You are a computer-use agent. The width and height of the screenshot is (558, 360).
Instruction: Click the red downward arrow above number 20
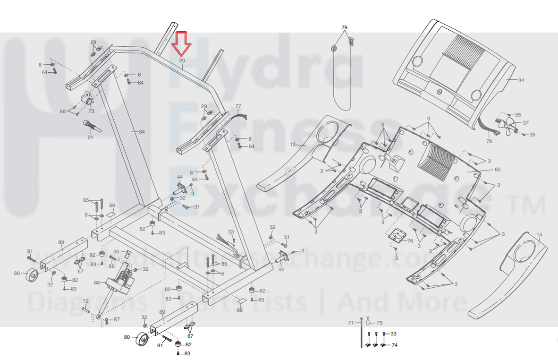coord(181,44)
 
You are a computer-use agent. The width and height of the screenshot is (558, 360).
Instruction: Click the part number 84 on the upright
coord(142,132)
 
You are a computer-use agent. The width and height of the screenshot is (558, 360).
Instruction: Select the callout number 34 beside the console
coord(521,80)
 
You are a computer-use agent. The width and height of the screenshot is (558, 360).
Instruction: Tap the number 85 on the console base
coord(498,170)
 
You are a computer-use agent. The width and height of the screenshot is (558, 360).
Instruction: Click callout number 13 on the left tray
coord(293,145)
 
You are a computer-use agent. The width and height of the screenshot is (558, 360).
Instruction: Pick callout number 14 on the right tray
coord(539,235)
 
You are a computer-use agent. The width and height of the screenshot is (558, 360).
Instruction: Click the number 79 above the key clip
coord(344,28)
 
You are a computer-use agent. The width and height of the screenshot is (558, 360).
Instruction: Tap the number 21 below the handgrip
coord(90,137)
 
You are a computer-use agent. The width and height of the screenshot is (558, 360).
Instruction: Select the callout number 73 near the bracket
coord(91,111)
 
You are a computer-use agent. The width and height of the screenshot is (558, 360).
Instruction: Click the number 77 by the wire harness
coord(238,106)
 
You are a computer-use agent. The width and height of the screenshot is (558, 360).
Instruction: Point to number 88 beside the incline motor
coord(97,283)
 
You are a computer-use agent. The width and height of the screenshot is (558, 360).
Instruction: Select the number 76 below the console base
coord(410,241)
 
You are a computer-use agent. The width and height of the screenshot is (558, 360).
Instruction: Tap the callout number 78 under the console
coord(489,141)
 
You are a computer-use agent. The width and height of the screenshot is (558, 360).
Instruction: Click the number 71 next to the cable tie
coord(351,323)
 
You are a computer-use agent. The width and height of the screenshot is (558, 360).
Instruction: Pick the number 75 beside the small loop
coord(379,323)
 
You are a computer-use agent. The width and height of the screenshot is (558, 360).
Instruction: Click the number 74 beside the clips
coord(395,345)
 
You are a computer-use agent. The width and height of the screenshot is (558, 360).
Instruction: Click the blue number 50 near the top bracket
coord(62,111)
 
